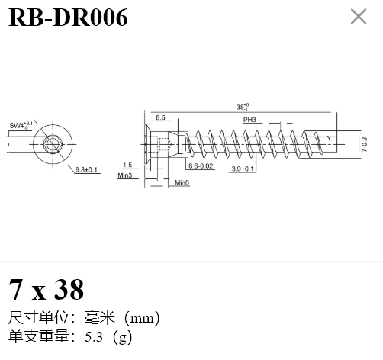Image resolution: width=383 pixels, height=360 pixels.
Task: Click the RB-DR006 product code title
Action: (68, 18)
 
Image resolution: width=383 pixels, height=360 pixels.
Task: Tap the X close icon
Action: (359, 17)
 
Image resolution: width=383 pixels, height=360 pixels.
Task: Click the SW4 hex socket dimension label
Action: (21, 125)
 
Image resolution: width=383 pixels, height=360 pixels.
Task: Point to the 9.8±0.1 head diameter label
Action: (86, 169)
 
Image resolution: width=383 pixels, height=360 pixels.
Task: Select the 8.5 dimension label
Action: (160, 117)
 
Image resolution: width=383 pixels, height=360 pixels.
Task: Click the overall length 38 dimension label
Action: (243, 107)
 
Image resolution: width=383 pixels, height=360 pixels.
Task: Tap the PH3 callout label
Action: (249, 120)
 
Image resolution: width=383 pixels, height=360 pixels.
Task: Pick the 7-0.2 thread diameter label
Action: (365, 144)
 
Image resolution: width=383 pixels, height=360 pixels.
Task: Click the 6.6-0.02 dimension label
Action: (201, 166)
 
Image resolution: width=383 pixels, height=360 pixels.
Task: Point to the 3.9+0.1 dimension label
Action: (243, 169)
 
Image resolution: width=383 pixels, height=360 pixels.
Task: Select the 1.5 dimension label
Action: (127, 165)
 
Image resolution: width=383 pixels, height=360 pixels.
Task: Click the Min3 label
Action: (125, 175)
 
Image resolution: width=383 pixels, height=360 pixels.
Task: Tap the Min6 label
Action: (182, 182)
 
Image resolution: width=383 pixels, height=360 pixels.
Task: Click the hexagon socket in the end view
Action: (53, 144)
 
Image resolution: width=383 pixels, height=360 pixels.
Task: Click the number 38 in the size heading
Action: (69, 289)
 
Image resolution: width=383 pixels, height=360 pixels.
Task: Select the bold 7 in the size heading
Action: (15, 289)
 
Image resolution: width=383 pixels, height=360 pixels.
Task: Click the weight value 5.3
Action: (94, 337)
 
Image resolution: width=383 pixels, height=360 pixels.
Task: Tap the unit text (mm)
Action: (142, 318)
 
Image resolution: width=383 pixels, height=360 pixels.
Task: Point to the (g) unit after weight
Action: (122, 337)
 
